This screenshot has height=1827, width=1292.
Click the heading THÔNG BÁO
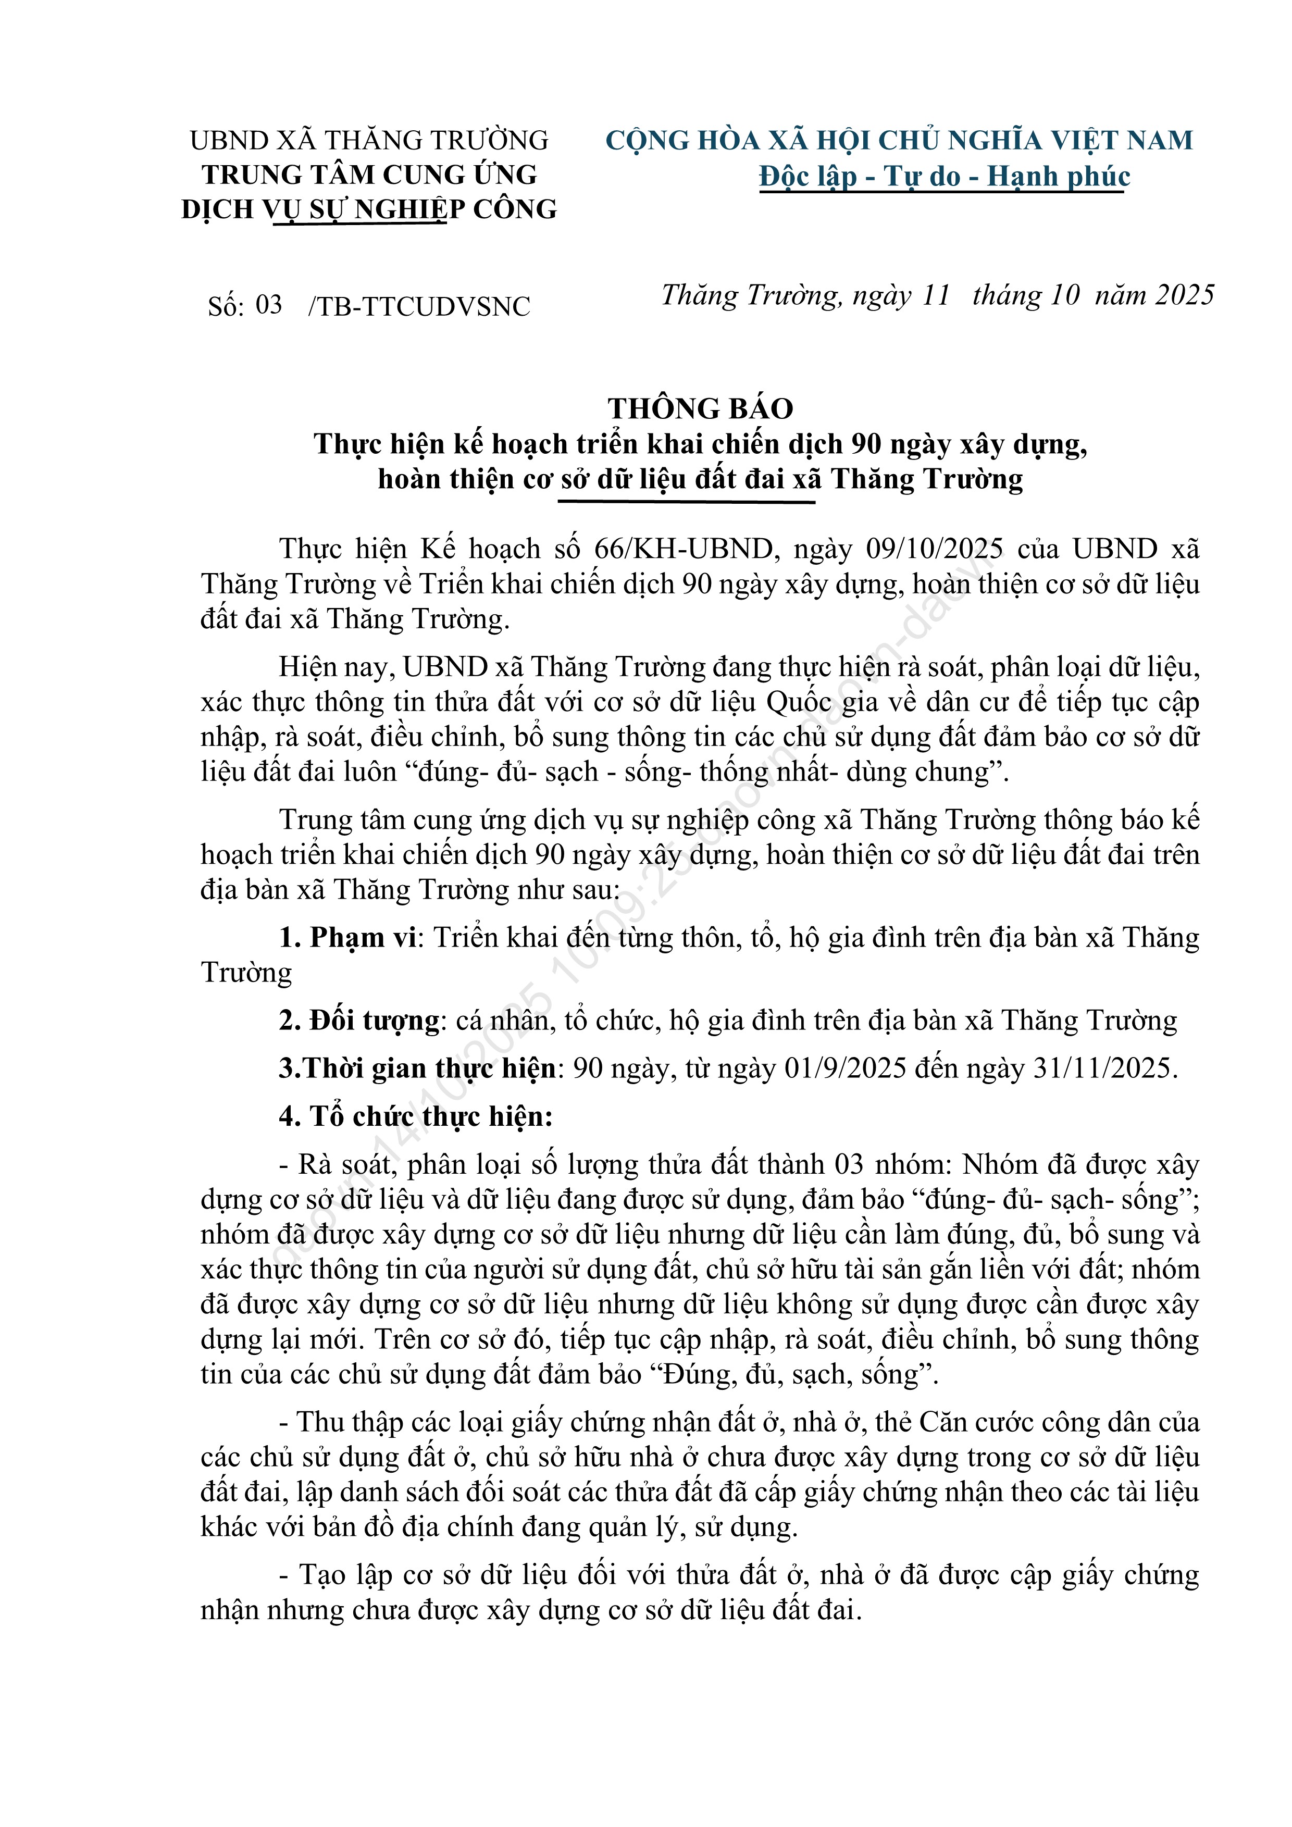point(700,409)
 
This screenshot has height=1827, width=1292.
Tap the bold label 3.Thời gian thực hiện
point(417,1068)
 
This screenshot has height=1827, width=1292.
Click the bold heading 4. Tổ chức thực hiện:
point(415,1116)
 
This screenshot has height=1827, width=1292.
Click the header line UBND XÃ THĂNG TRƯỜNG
point(369,141)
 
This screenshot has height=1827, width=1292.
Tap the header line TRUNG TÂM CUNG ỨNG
point(369,175)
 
